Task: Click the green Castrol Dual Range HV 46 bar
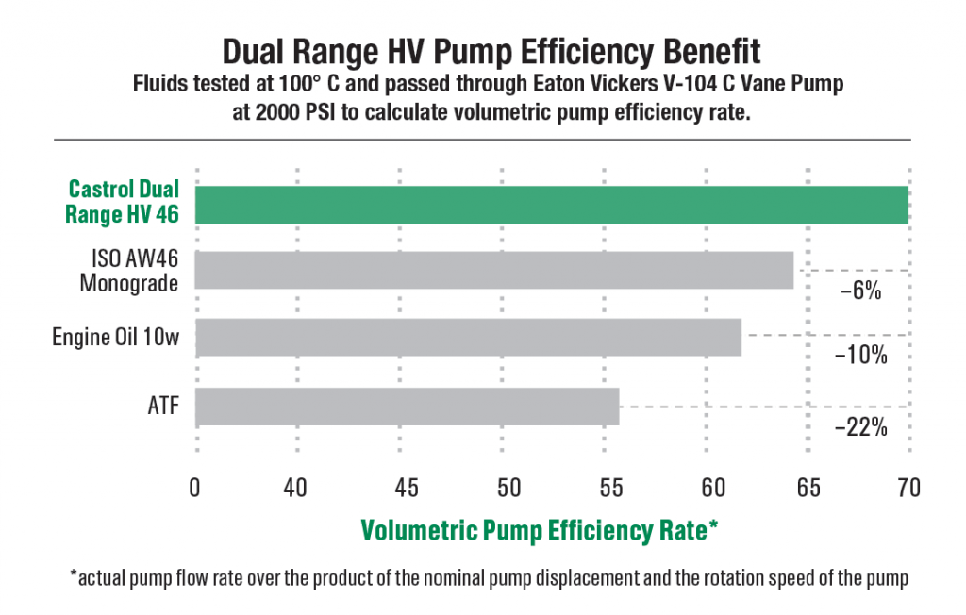pyautogui.click(x=551, y=205)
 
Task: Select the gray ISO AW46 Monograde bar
pyautogui.click(x=493, y=270)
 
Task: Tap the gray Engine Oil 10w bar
pyautogui.click(x=468, y=337)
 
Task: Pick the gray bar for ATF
pyautogui.click(x=407, y=407)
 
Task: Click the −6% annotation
pyautogui.click(x=860, y=291)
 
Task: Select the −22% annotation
pyautogui.click(x=860, y=427)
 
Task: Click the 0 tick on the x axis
pyautogui.click(x=195, y=489)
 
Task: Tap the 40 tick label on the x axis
pyautogui.click(x=295, y=489)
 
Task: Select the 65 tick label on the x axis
pyautogui.click(x=808, y=489)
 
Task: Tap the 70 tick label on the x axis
pyautogui.click(x=908, y=489)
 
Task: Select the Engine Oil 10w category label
pyautogui.click(x=115, y=337)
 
